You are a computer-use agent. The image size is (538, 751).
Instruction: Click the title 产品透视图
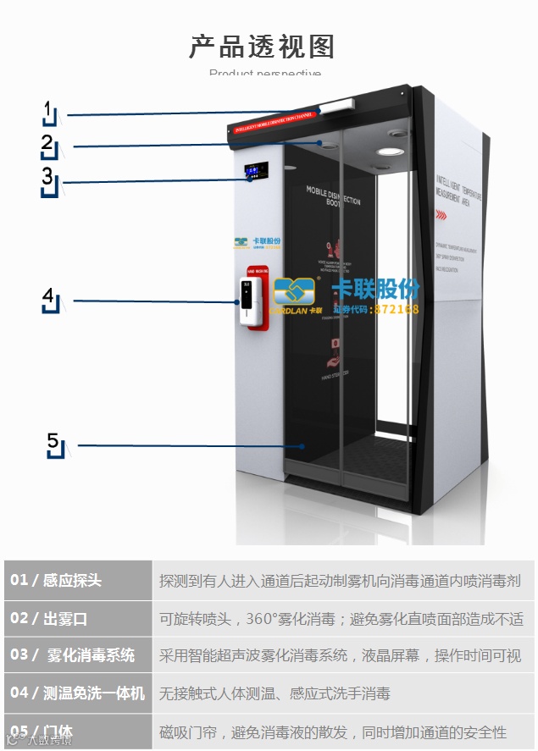click(x=262, y=47)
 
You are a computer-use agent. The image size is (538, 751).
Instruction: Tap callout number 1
click(x=49, y=111)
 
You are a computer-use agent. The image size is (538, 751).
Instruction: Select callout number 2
click(x=47, y=144)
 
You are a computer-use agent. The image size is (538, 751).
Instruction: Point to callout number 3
click(x=47, y=178)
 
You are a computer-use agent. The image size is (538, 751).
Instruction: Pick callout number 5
click(x=53, y=442)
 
